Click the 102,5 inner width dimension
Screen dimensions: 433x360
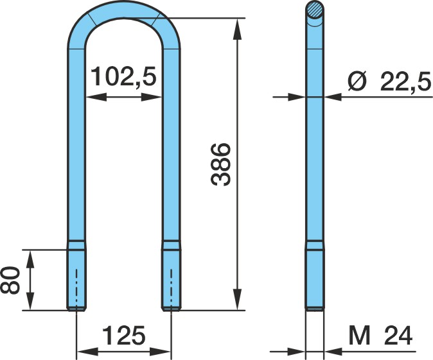[x=123, y=76]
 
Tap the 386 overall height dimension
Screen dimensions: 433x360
[x=220, y=164]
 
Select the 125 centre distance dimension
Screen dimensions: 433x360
[x=124, y=336]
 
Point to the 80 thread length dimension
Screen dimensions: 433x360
[x=10, y=280]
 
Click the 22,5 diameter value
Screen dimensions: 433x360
[x=405, y=81]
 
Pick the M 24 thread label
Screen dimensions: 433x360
[x=380, y=336]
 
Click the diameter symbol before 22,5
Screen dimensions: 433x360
[x=357, y=81]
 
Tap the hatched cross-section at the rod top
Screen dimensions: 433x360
[x=315, y=10]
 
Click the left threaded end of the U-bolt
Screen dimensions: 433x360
[x=76, y=276]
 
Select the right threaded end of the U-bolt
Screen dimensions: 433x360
[x=172, y=276]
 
